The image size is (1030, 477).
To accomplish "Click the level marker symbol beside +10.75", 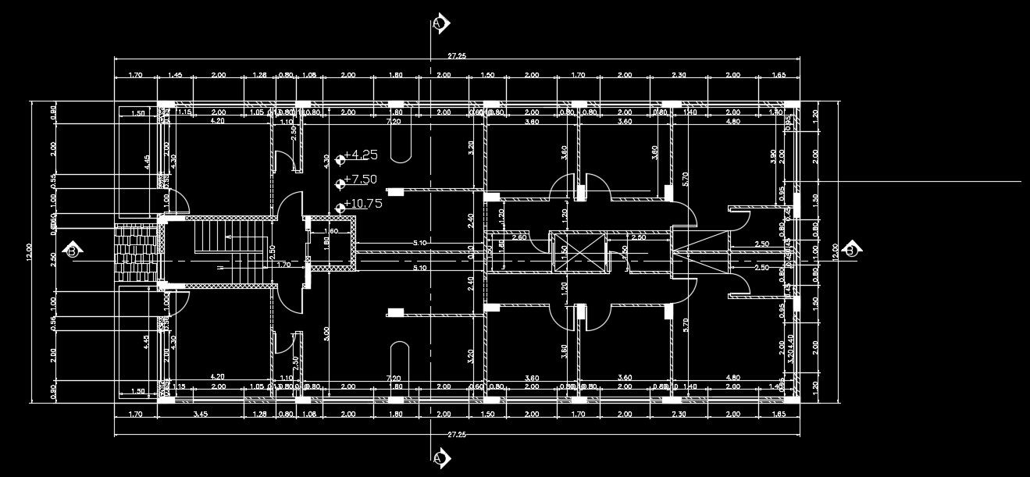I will coord(340,208).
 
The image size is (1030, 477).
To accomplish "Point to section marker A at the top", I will coord(440,23).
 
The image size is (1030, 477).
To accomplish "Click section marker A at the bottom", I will coord(440,457).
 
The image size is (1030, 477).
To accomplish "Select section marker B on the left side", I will coord(73,251).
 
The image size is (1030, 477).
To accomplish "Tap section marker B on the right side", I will coord(850,251).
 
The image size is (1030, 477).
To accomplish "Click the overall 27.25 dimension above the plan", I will coord(457,56).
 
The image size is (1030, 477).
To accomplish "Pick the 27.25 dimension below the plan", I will coord(457,434).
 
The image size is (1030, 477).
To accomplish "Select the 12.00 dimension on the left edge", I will coord(29,251).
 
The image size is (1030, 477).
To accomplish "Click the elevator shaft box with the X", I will coord(579,251).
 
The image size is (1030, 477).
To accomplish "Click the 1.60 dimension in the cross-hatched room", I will coord(331,231).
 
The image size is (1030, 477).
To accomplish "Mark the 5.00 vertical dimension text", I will coord(326,334).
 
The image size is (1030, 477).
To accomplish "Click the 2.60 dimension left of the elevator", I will coord(520,236).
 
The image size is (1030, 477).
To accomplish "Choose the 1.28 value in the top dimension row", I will coord(260,75).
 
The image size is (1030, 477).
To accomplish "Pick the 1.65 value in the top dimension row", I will coord(778,75).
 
